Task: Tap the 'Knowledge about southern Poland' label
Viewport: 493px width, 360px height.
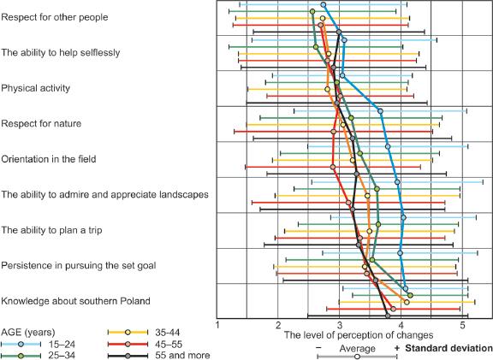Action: [x=76, y=301]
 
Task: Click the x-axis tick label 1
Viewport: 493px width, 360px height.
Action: [x=218, y=326]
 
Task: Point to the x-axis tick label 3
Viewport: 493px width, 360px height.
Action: [x=341, y=326]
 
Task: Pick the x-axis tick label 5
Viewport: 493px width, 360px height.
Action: [x=463, y=326]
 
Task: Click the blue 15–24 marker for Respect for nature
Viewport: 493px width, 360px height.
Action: [x=380, y=111]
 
